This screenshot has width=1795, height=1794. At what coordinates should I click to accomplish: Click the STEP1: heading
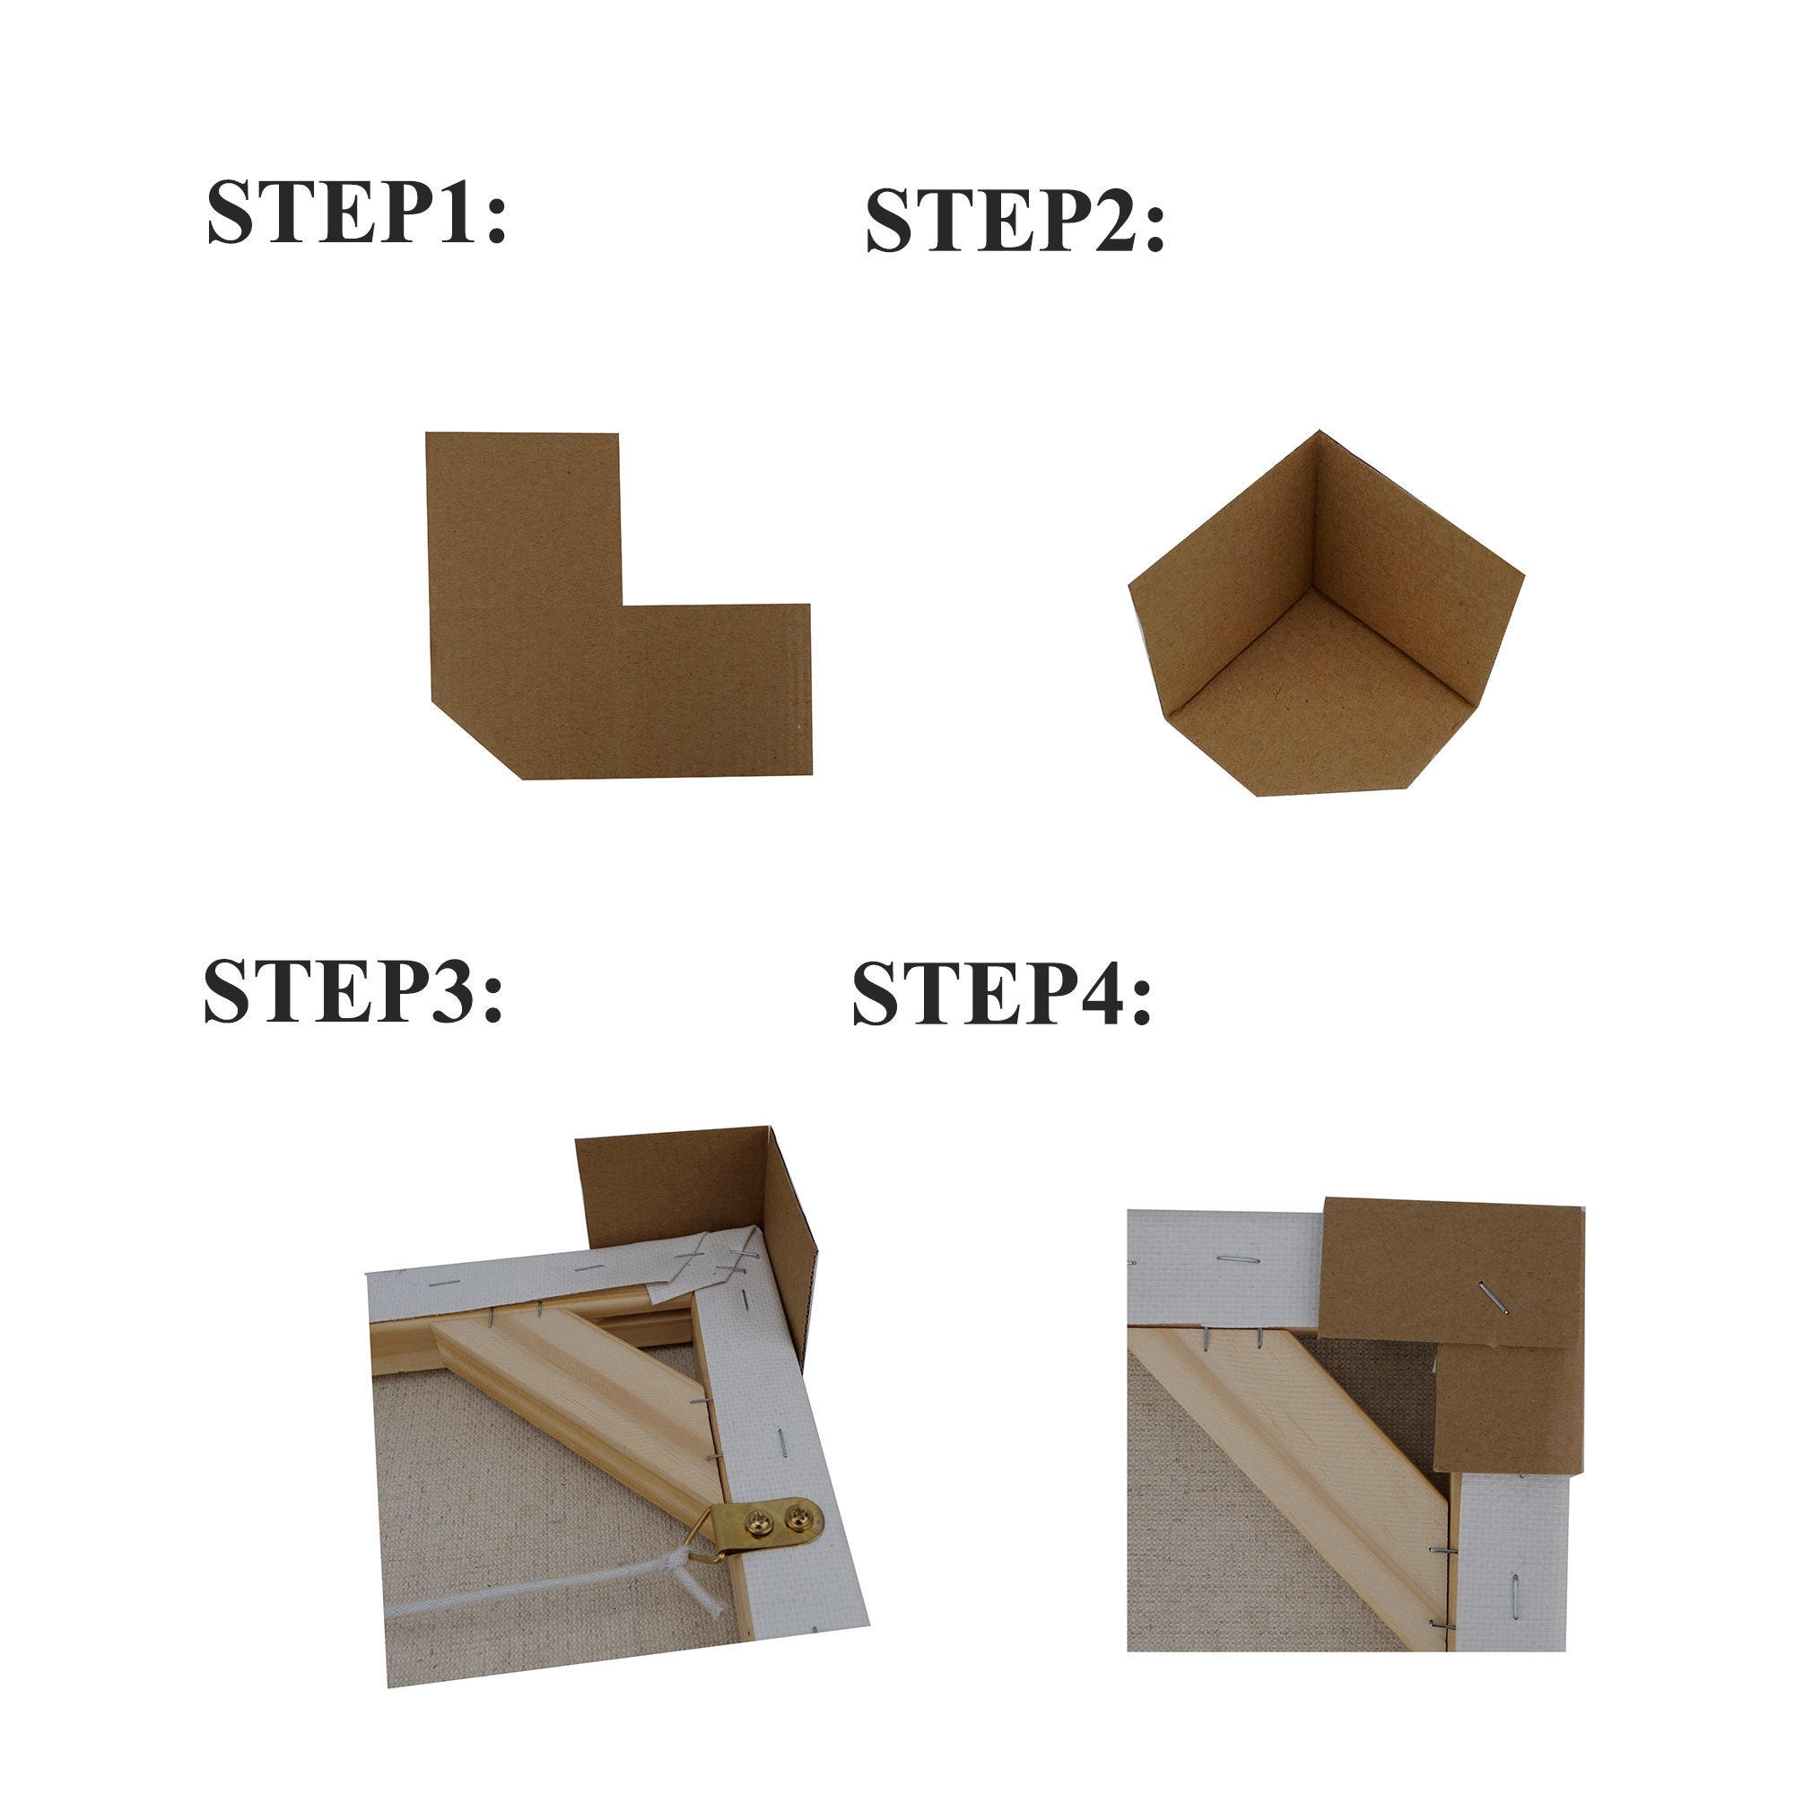tap(356, 213)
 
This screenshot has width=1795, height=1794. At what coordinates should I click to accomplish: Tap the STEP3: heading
tap(353, 992)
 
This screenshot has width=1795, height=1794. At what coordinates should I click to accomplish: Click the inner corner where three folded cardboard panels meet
tap(1312, 588)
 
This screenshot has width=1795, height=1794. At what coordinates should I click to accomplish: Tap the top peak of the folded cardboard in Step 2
tap(1319, 434)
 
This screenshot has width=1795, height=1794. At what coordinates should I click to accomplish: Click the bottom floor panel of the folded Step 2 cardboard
tap(1320, 706)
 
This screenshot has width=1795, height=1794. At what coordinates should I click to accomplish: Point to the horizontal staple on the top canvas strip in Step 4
tap(1238, 1259)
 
